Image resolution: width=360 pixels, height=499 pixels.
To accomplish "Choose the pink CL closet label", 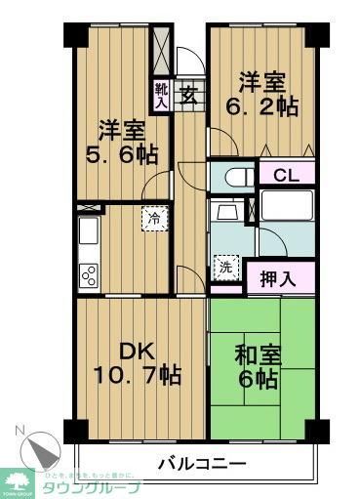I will [286, 176].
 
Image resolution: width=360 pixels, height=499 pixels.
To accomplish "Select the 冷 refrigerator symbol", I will [153, 218].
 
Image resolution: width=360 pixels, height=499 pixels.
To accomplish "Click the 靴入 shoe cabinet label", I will [162, 95].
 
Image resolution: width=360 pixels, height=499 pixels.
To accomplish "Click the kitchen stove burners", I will [87, 274].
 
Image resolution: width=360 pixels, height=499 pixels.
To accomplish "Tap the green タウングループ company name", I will [90, 487].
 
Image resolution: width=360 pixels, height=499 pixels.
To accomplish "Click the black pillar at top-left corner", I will [75, 32].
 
